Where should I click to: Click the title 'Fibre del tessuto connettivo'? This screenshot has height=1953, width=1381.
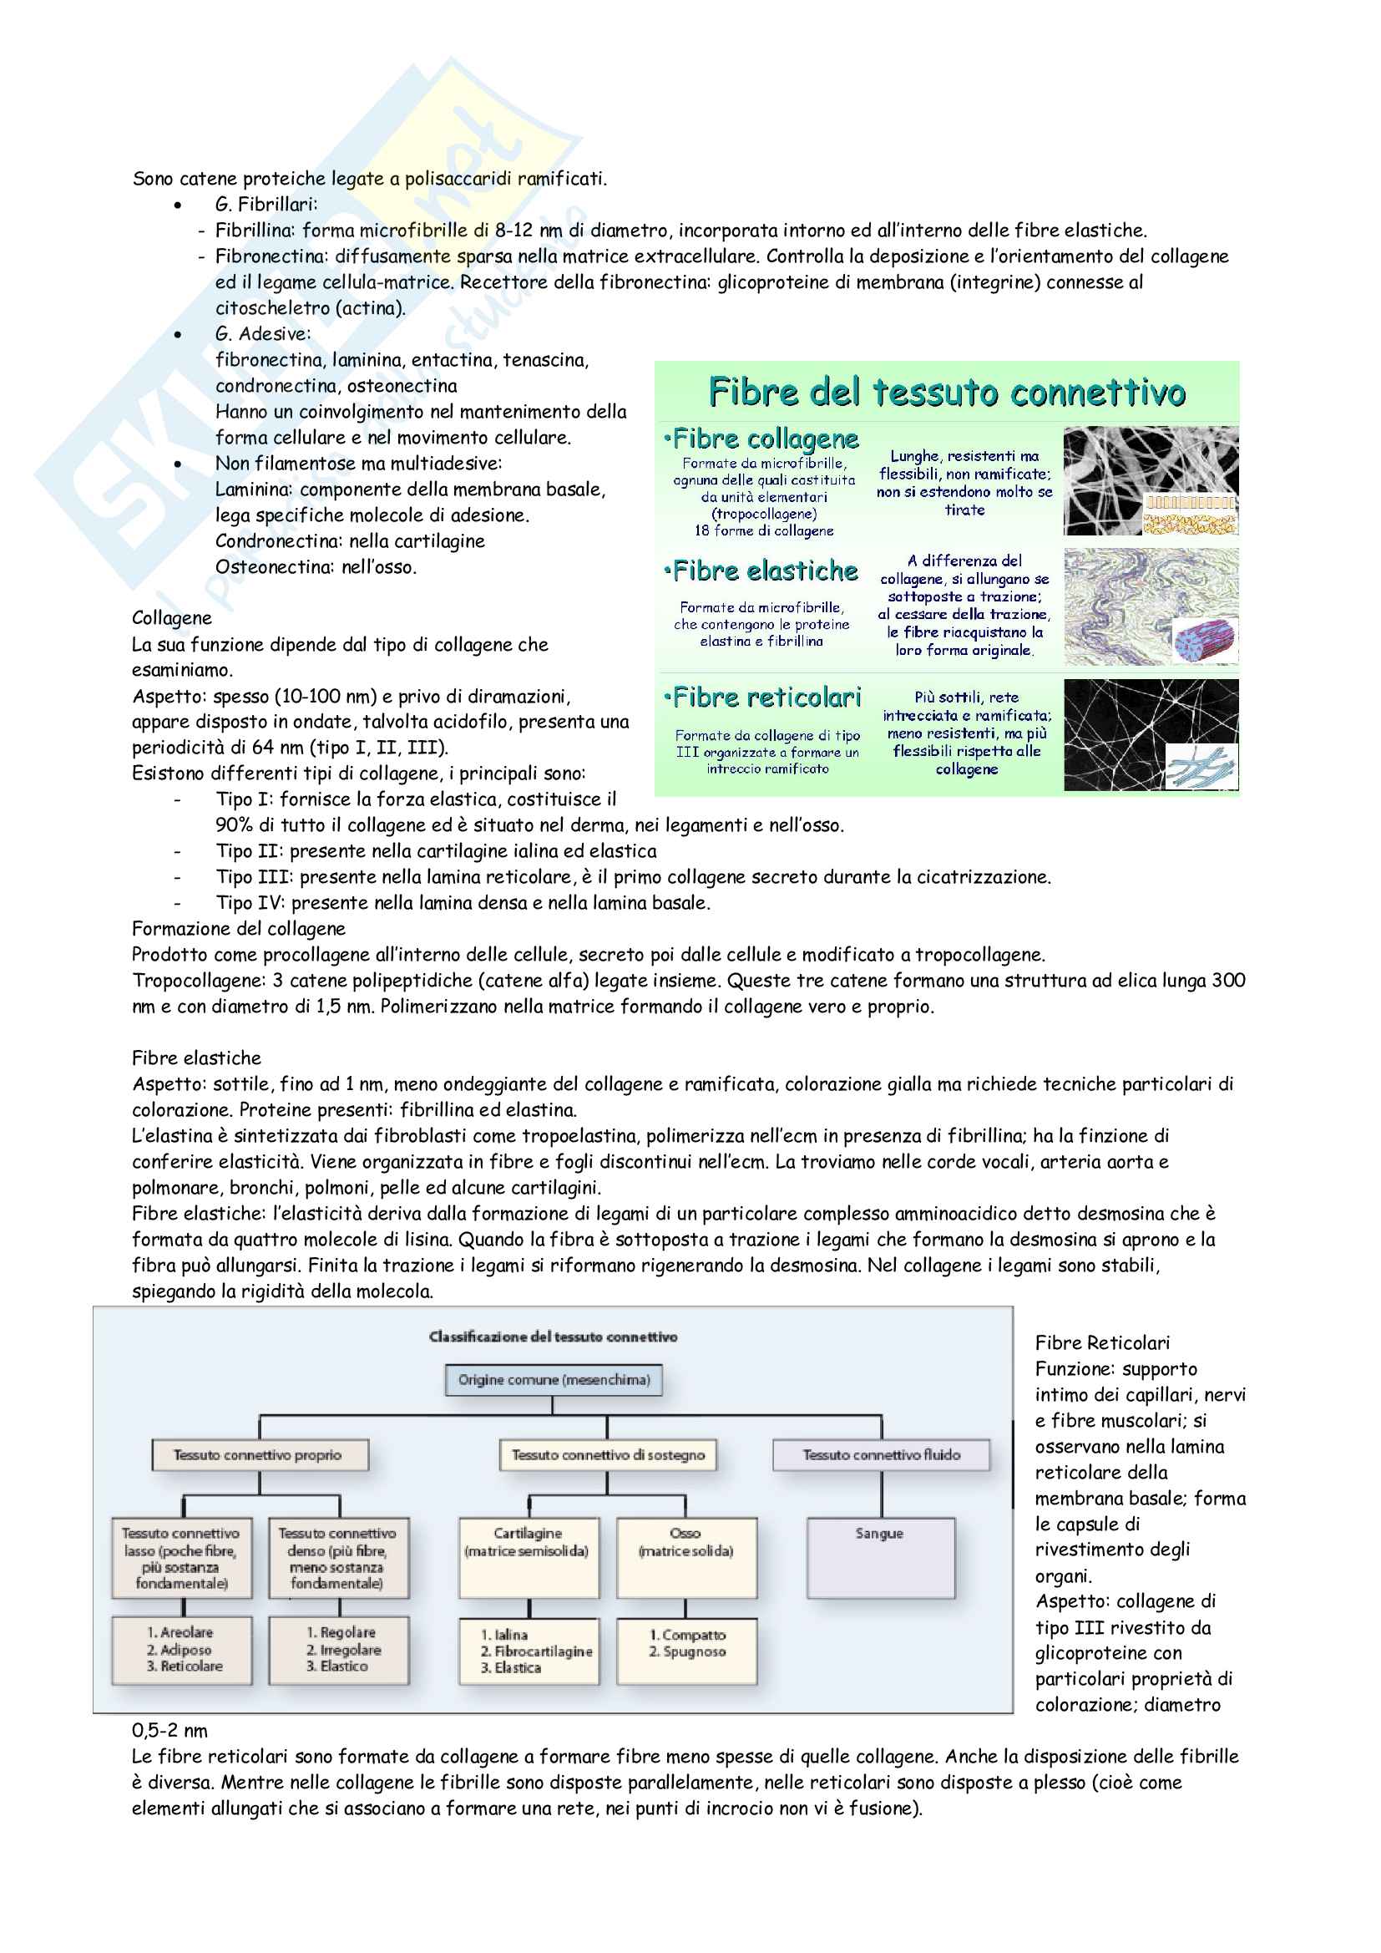point(947,392)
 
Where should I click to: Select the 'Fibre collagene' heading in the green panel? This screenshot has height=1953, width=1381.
point(763,439)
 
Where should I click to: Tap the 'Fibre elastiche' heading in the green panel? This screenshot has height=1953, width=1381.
point(763,571)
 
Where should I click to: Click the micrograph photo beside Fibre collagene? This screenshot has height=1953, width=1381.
point(1150,480)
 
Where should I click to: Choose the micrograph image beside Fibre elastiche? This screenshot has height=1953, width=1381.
point(1150,606)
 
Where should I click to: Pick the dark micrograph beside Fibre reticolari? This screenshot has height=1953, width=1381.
point(1150,735)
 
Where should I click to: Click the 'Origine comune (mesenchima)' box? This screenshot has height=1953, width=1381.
point(554,1380)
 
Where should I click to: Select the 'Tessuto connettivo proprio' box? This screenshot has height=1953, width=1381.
point(259,1454)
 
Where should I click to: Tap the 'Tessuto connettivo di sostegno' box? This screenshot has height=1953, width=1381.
point(608,1454)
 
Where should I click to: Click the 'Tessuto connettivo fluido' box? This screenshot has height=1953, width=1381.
point(881,1454)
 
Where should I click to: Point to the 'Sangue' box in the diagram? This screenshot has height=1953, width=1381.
point(880,1555)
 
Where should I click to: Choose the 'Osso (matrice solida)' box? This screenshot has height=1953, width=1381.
point(686,1555)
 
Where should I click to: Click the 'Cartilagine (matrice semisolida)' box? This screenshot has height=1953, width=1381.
point(528,1555)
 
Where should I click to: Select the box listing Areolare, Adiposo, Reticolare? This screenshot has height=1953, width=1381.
point(183,1649)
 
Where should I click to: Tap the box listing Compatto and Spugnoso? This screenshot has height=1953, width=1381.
point(686,1649)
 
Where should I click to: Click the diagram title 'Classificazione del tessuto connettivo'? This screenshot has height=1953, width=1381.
point(553,1337)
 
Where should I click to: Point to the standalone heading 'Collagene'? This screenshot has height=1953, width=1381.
point(172,618)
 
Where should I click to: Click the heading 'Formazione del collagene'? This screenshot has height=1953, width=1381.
point(239,929)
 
